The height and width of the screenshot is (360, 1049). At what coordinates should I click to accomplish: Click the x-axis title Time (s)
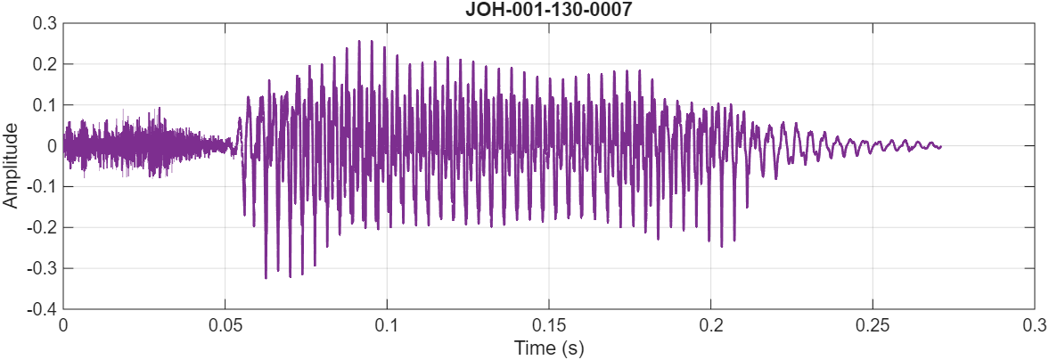[548, 348]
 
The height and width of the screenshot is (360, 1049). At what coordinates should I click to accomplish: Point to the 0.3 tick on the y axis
[44, 23]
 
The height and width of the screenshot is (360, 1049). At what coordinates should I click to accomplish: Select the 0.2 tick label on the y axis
[44, 64]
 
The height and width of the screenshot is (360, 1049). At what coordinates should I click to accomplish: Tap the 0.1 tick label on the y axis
[44, 105]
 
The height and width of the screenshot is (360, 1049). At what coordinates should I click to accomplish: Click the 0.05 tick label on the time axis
[225, 325]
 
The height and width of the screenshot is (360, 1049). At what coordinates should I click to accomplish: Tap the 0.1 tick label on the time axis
[387, 325]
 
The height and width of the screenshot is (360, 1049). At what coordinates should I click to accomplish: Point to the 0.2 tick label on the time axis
[710, 325]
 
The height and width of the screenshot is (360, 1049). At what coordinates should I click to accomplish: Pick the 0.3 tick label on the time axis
[1034, 325]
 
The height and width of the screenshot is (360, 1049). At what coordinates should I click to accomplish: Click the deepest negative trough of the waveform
[266, 278]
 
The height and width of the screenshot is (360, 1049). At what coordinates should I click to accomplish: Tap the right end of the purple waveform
[941, 146]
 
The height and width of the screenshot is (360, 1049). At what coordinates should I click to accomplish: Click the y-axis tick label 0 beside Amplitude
[52, 146]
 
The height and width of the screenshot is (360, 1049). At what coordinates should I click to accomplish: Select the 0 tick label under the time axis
[63, 325]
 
